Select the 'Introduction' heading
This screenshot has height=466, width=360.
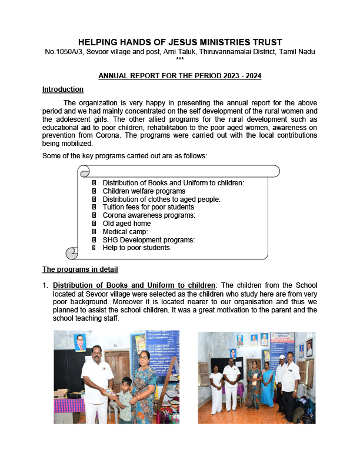tap(63, 89)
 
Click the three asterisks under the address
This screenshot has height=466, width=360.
tap(180, 59)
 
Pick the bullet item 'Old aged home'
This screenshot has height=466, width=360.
tap(126, 224)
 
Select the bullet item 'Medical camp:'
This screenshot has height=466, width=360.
tap(125, 232)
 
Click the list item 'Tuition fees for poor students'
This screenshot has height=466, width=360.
tap(148, 207)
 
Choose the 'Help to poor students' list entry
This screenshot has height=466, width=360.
tap(136, 248)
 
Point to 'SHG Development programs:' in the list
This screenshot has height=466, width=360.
tap(148, 239)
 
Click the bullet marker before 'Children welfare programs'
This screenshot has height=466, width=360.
tap(94, 191)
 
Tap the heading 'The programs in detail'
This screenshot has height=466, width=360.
tap(80, 270)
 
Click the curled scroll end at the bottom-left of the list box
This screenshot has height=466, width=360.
tap(72, 253)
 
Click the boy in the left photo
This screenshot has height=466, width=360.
tap(124, 400)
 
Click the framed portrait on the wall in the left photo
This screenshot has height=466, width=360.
tap(79, 342)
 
